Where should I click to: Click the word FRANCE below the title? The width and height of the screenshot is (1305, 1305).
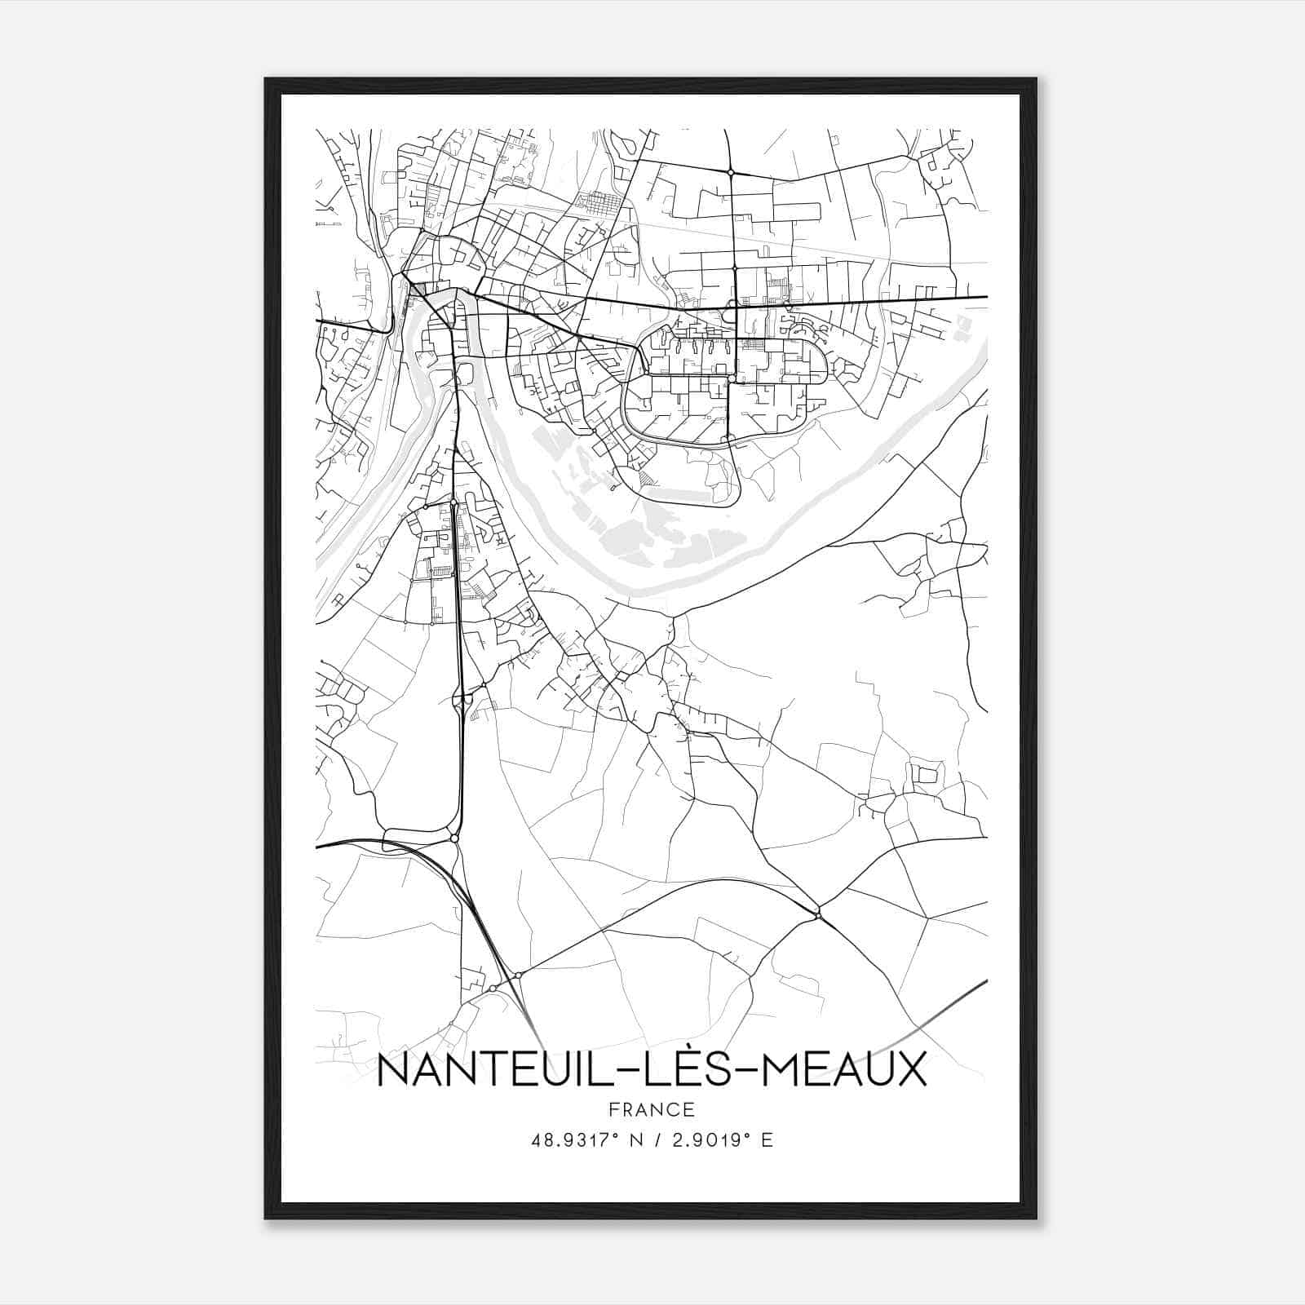[x=651, y=1109]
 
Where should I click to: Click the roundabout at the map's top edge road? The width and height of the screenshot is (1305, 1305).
[x=731, y=172]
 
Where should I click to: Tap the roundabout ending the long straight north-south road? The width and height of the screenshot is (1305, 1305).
[x=454, y=838]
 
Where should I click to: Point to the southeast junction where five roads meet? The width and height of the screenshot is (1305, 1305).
[x=817, y=910]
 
